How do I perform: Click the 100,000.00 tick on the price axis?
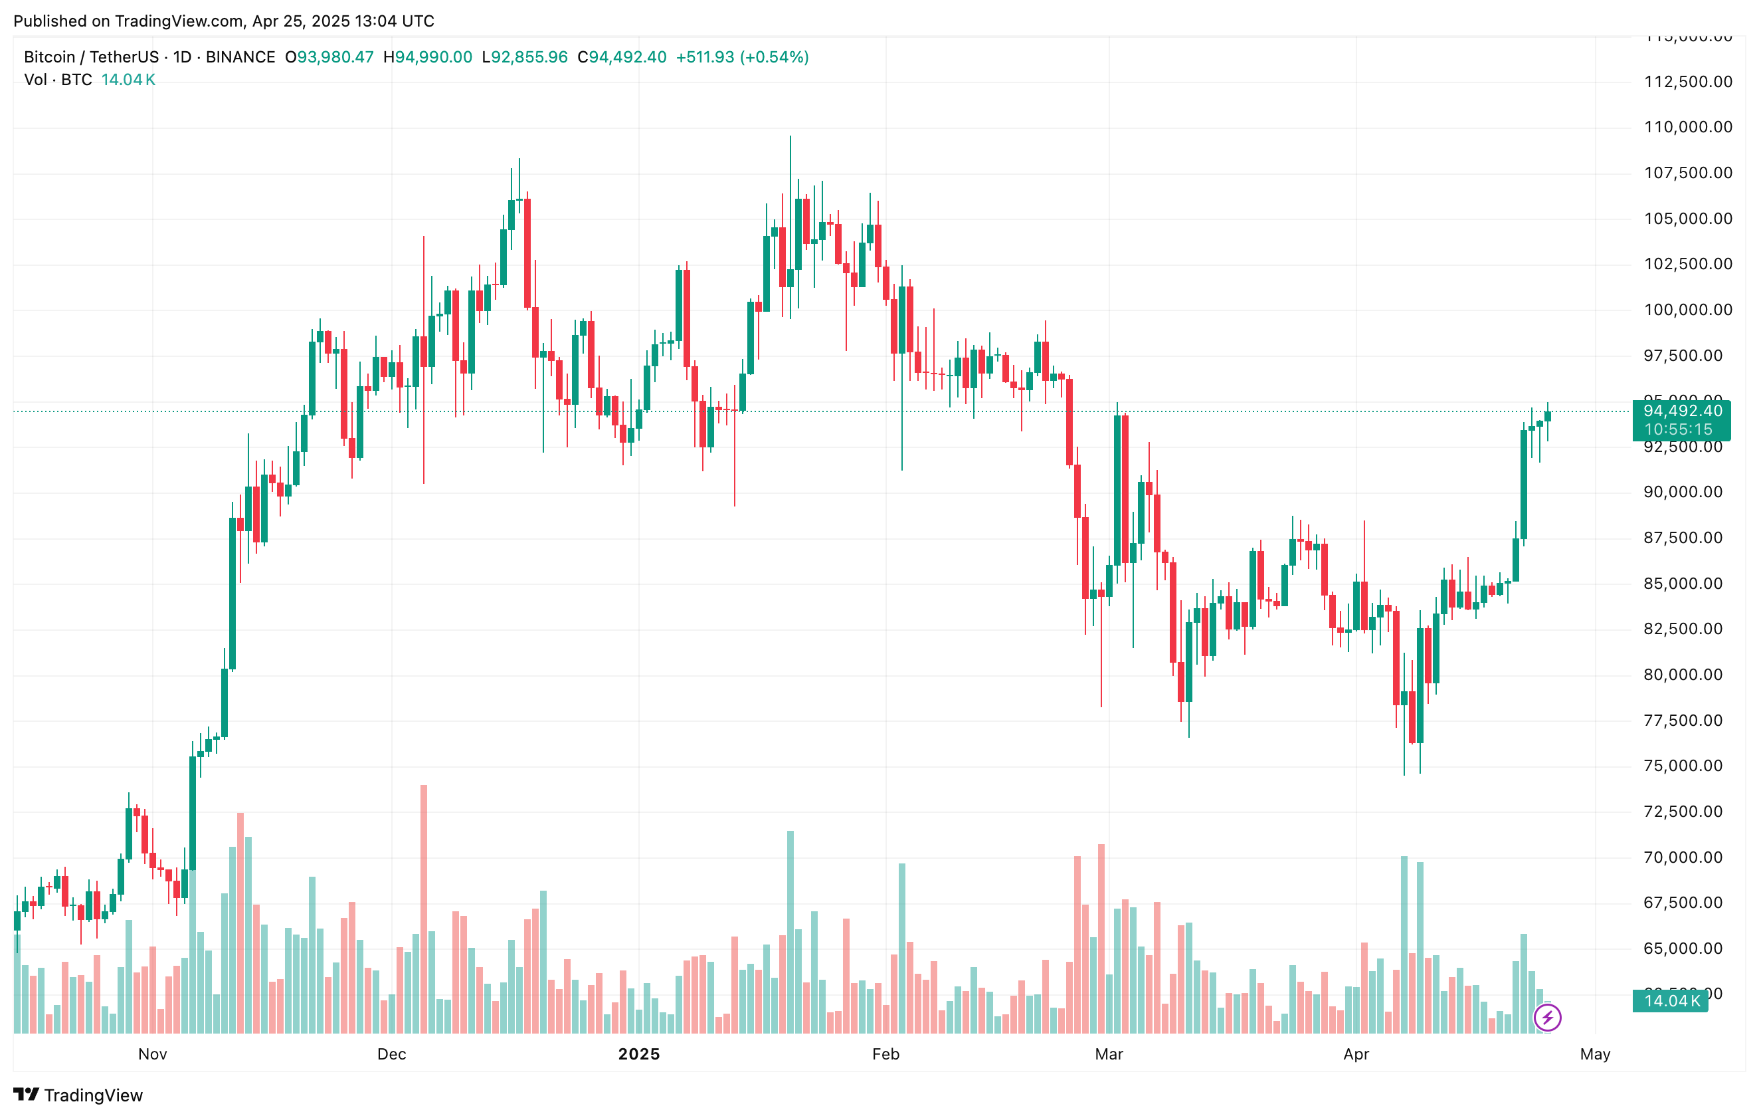1687,310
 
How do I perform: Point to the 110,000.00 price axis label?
1687,127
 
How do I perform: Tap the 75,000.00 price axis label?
1687,766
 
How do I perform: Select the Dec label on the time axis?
391,1054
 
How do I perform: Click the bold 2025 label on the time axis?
638,1054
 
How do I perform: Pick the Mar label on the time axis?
1109,1054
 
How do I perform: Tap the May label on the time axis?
1595,1054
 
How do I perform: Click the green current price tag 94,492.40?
1681,411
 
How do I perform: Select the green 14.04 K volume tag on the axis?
1671,1000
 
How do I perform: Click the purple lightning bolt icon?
1547,1017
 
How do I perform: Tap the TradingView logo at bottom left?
78,1095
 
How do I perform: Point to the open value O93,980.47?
329,57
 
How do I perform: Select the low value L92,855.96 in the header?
525,57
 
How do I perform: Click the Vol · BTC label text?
58,80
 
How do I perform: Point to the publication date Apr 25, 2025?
301,21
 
